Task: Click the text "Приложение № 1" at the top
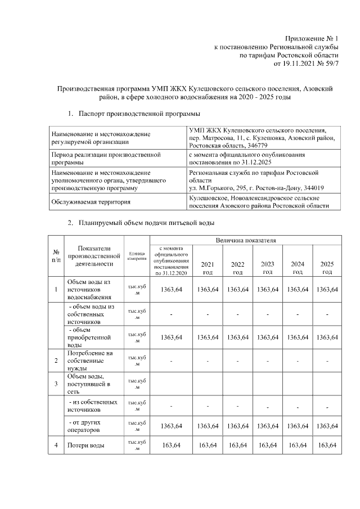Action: click(x=312, y=38)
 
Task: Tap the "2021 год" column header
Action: click(x=208, y=267)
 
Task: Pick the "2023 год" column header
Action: click(x=268, y=267)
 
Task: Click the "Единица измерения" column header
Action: click(x=137, y=256)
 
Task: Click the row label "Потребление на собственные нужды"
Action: click(x=90, y=361)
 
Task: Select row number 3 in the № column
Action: click(x=56, y=384)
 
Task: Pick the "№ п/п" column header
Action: click(x=56, y=256)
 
